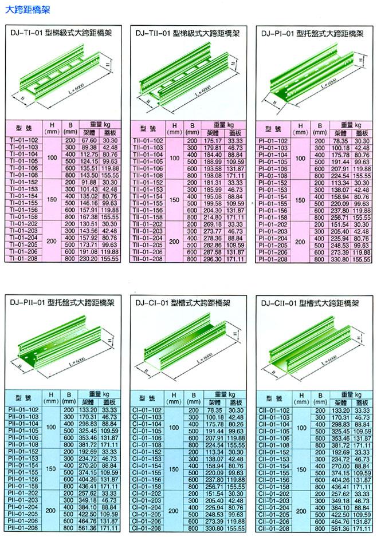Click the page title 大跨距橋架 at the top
[x=23, y=10]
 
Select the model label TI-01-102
[x=26, y=140]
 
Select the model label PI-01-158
[x=273, y=218]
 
